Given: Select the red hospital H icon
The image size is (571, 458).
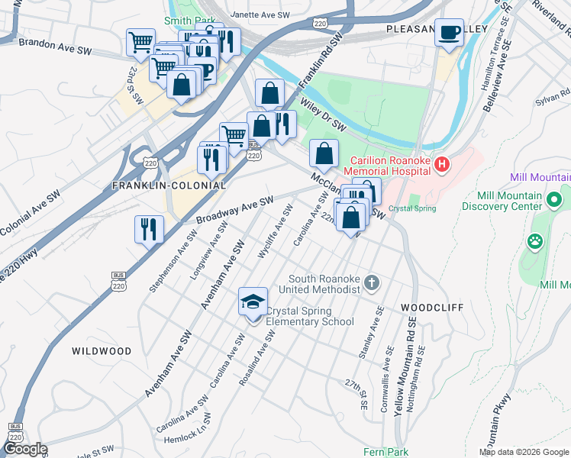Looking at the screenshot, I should click(440, 164).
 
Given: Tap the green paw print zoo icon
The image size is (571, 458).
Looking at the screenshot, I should click(535, 241).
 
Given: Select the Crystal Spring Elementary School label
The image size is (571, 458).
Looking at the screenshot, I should click(310, 316).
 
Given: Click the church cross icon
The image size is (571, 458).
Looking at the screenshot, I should click(372, 283).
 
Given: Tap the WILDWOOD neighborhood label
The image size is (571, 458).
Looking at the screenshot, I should click(102, 351).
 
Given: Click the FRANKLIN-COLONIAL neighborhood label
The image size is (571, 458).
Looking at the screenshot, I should click(169, 185).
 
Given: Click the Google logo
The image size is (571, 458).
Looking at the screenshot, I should click(24, 449).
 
